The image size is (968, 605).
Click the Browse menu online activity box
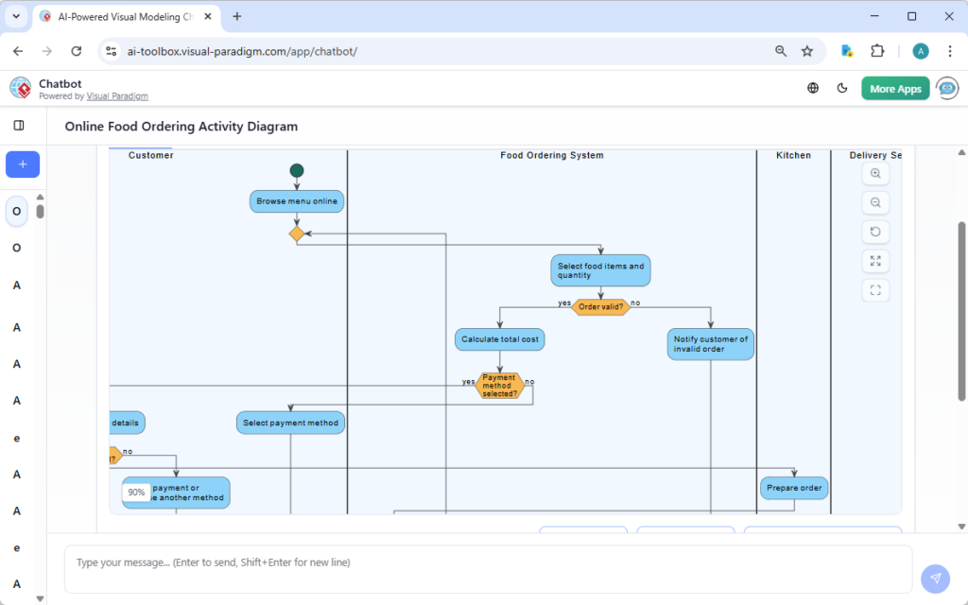[297, 201]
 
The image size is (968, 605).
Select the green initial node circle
[297, 171]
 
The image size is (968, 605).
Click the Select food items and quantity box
[600, 270]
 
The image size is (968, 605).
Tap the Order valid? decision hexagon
[600, 306]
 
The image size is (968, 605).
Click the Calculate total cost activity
[500, 338]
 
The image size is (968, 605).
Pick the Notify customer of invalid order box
[711, 344]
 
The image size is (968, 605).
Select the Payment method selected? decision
[499, 386]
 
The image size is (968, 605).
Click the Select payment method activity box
[290, 423]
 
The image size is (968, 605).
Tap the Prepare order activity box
[794, 488]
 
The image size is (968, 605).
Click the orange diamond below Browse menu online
[297, 233]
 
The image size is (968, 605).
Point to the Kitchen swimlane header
[793, 155]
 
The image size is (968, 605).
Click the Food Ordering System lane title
[551, 155]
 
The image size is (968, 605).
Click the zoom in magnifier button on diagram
[875, 174]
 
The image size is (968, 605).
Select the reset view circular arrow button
[875, 232]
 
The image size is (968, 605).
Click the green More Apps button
[895, 89]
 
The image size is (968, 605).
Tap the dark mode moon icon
[842, 88]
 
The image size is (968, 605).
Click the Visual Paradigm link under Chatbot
[117, 96]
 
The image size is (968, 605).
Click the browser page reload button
[77, 51]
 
